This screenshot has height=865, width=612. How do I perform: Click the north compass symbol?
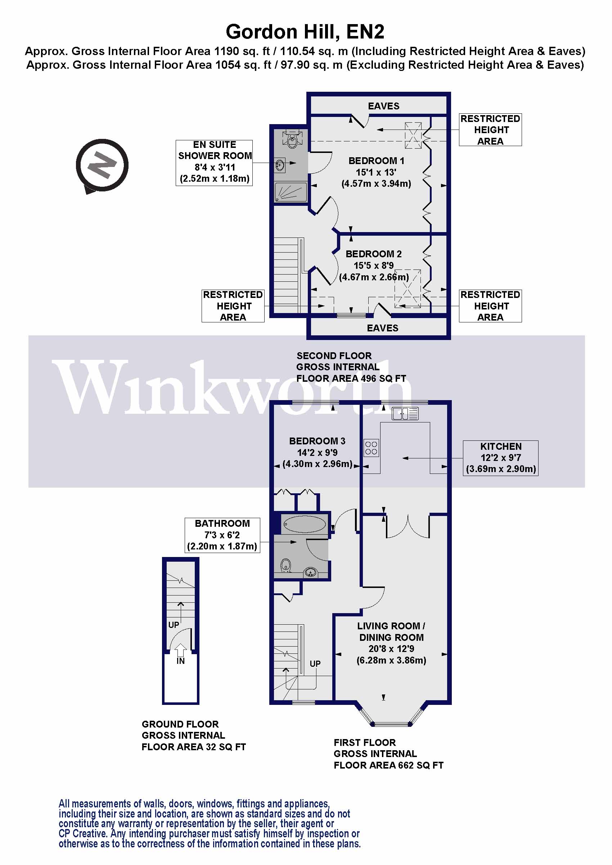tap(102, 165)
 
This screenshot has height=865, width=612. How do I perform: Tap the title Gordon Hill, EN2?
tap(305, 32)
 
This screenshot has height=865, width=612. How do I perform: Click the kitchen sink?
tap(405, 414)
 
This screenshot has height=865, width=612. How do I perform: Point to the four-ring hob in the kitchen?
tap(371, 448)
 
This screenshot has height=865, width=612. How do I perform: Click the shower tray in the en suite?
tap(291, 192)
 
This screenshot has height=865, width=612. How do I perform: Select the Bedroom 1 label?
tap(376, 161)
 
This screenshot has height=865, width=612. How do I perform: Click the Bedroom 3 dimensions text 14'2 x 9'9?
tap(317, 452)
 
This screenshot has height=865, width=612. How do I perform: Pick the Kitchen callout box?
tap(500, 458)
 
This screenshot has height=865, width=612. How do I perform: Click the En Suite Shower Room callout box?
tap(214, 162)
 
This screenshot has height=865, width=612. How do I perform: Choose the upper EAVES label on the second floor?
tap(384, 106)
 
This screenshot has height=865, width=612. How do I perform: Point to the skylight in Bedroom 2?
tap(408, 289)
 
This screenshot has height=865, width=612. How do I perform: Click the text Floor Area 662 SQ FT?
tap(388, 765)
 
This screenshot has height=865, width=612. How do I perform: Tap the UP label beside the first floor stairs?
tap(315, 664)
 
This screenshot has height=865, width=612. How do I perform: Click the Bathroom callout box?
tap(222, 535)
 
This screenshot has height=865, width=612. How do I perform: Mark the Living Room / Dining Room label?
tap(391, 632)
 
